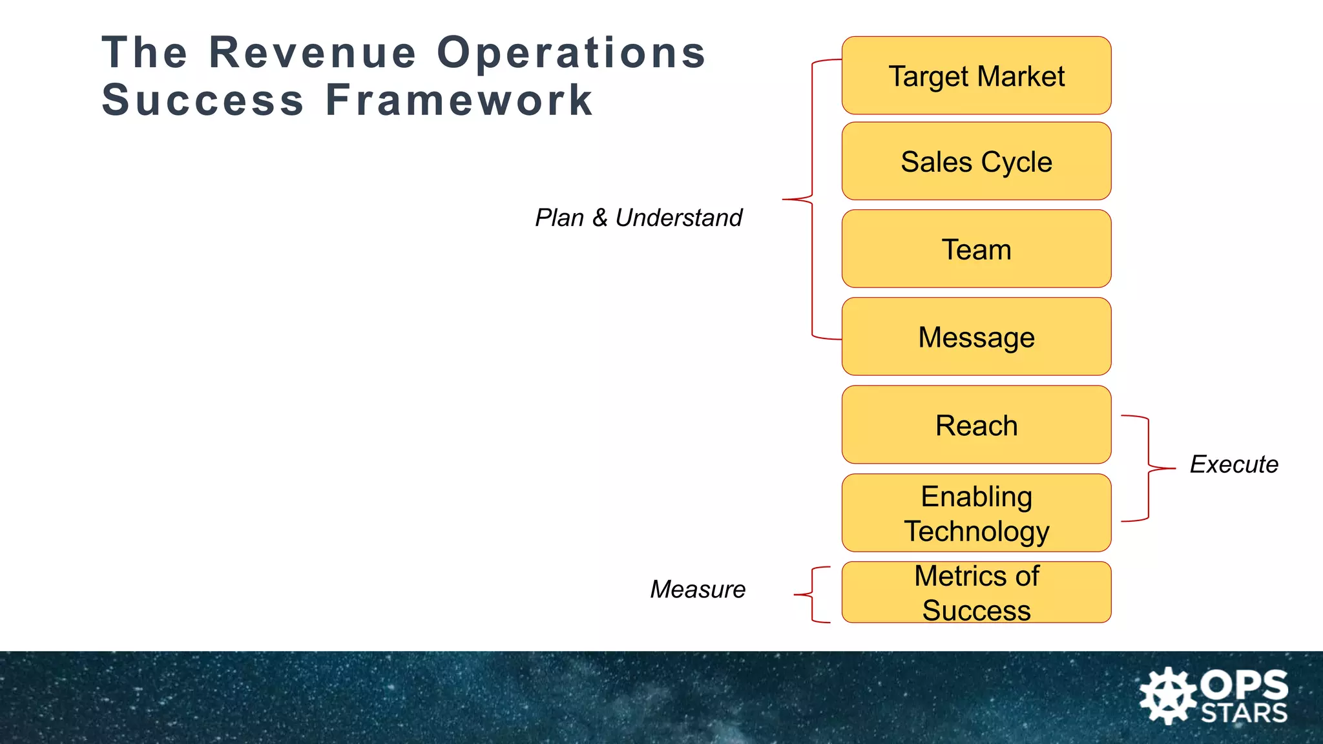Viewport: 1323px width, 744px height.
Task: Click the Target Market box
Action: [x=976, y=76]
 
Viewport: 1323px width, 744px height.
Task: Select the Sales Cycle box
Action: [x=976, y=161]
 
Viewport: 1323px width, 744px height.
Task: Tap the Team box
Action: [x=976, y=249]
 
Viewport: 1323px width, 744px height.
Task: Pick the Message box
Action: [x=976, y=337]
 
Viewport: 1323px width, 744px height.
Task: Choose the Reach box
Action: [x=976, y=425]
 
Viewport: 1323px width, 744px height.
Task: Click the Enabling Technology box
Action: [x=976, y=513]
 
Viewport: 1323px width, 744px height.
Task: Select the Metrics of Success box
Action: [x=976, y=592]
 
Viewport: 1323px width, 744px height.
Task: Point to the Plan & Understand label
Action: [x=638, y=218]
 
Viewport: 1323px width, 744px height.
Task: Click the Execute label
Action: [x=1234, y=464]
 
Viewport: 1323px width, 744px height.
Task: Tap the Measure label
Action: [x=698, y=589]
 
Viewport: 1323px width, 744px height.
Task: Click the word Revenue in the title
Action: [x=313, y=52]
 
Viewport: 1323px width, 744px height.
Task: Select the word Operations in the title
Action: [x=571, y=52]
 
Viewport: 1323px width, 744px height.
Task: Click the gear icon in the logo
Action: [x=1167, y=696]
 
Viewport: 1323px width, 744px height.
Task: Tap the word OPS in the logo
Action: [x=1244, y=685]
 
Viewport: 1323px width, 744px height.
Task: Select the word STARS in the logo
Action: [x=1244, y=713]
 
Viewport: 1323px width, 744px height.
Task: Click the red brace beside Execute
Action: [x=1149, y=468]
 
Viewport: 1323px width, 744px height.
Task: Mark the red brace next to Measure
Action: [x=813, y=594]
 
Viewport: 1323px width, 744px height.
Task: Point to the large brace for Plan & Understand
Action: [x=811, y=200]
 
